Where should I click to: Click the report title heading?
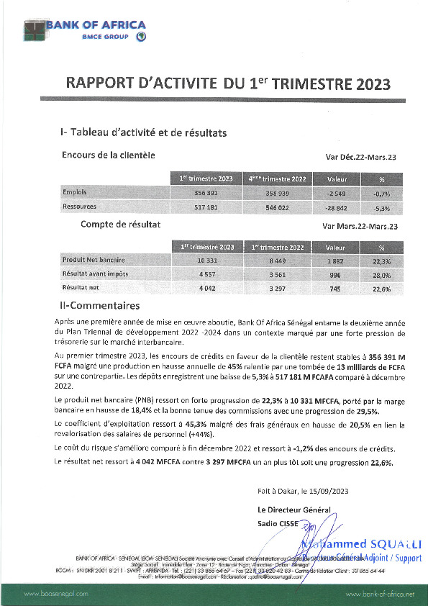[228, 83]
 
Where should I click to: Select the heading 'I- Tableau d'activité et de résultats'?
[144, 133]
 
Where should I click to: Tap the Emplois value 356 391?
[206, 194]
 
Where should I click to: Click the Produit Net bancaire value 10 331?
[206, 260]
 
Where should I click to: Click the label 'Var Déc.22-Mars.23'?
[362, 157]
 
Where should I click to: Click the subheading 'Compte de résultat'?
[120, 225]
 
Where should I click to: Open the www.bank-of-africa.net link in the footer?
[380, 594]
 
